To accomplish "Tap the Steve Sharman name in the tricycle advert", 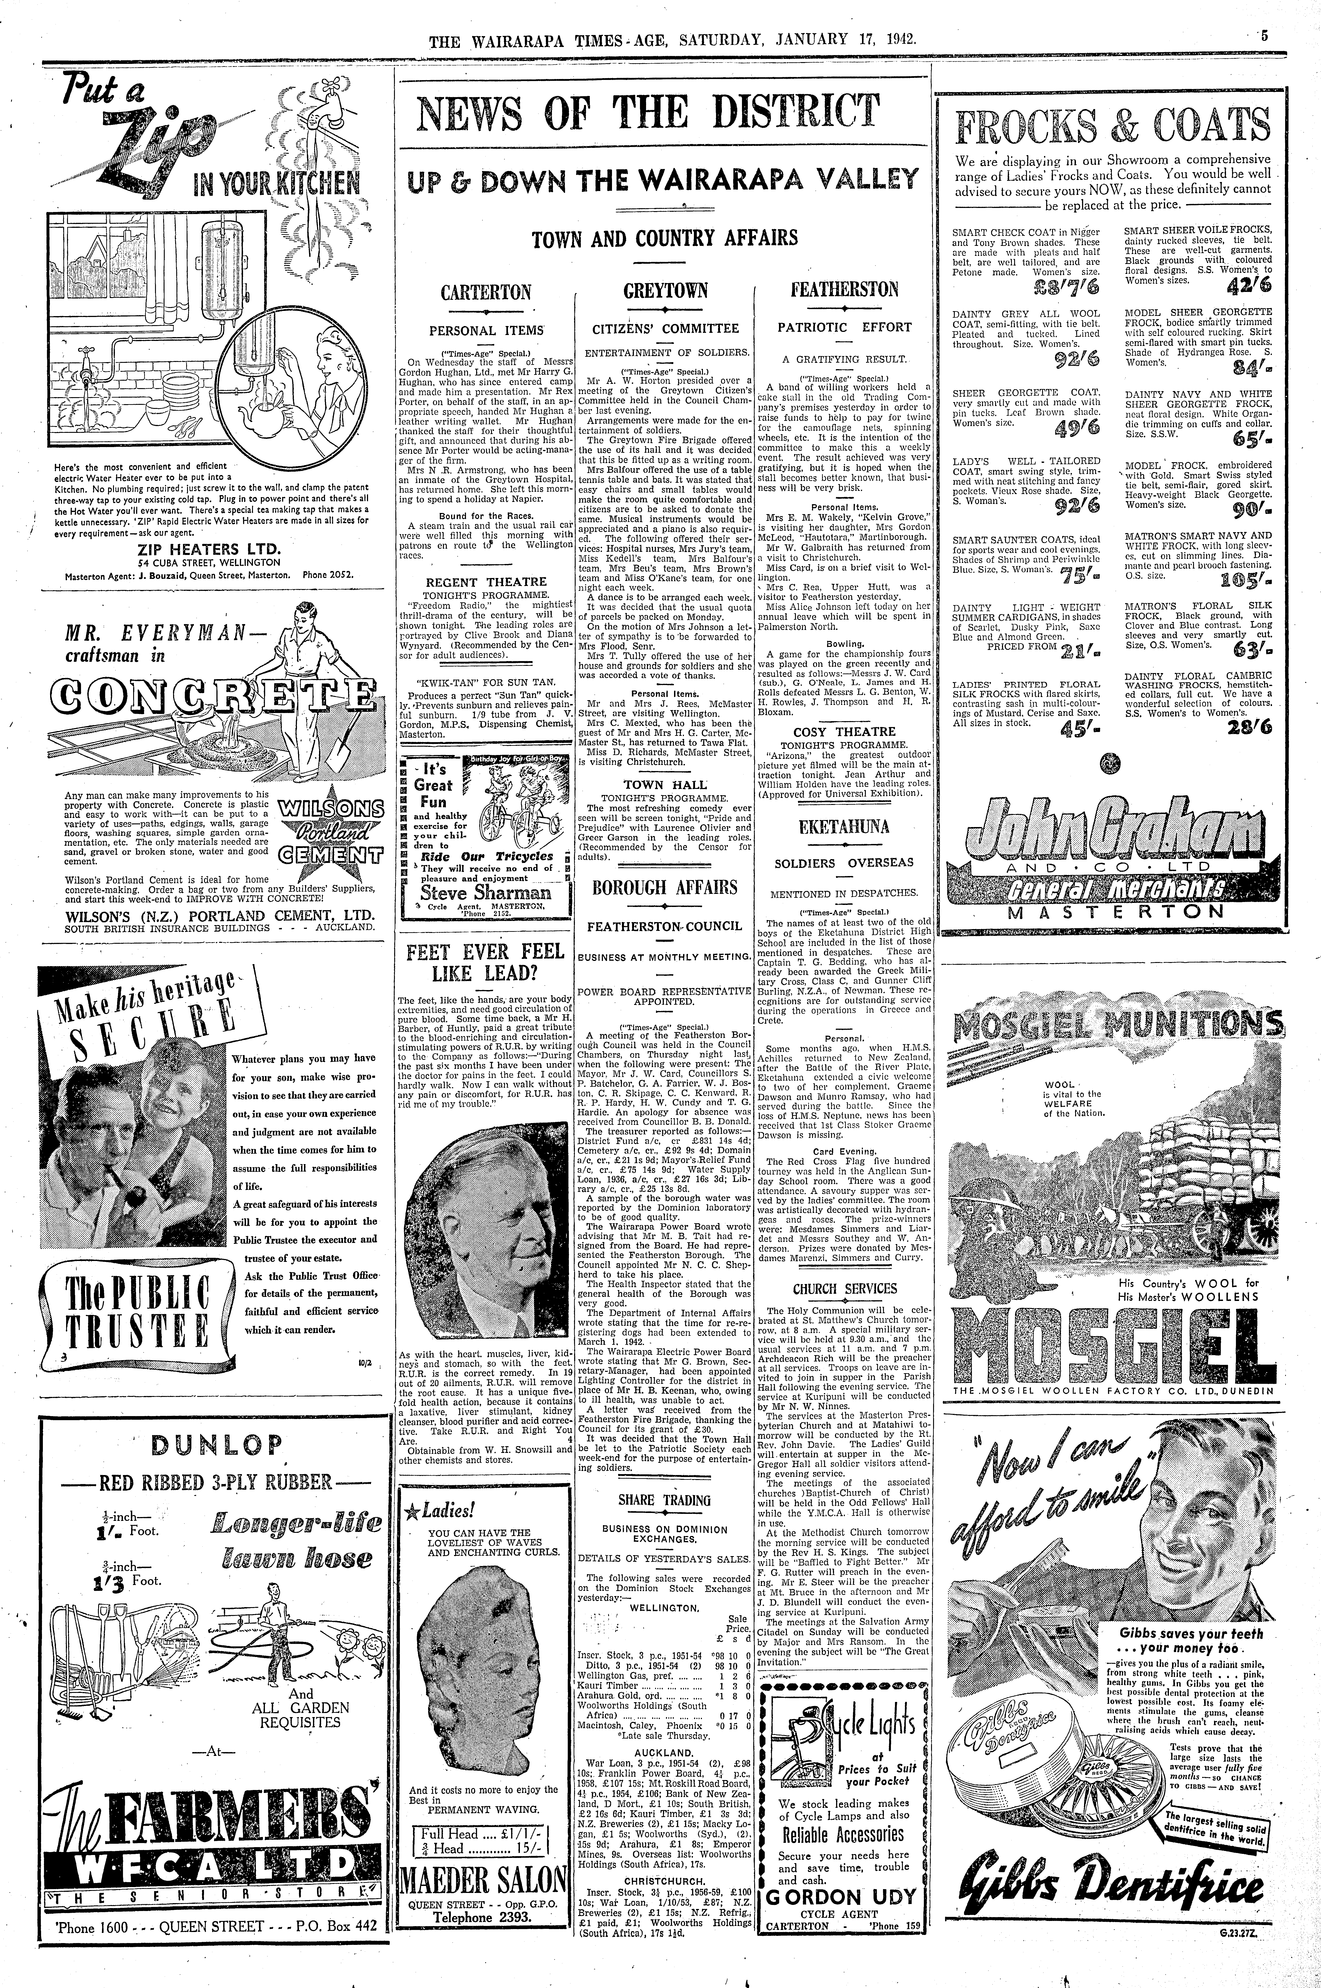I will tap(485, 893).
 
